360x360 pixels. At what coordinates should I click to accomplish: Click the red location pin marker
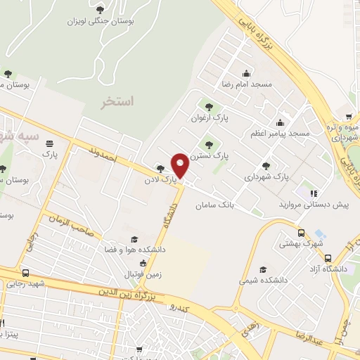180,165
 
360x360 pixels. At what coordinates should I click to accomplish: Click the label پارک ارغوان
206,118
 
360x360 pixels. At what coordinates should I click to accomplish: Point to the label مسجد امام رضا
246,83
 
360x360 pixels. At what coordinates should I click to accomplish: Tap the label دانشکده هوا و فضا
134,248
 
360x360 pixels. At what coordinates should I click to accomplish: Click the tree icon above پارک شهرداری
264,166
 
